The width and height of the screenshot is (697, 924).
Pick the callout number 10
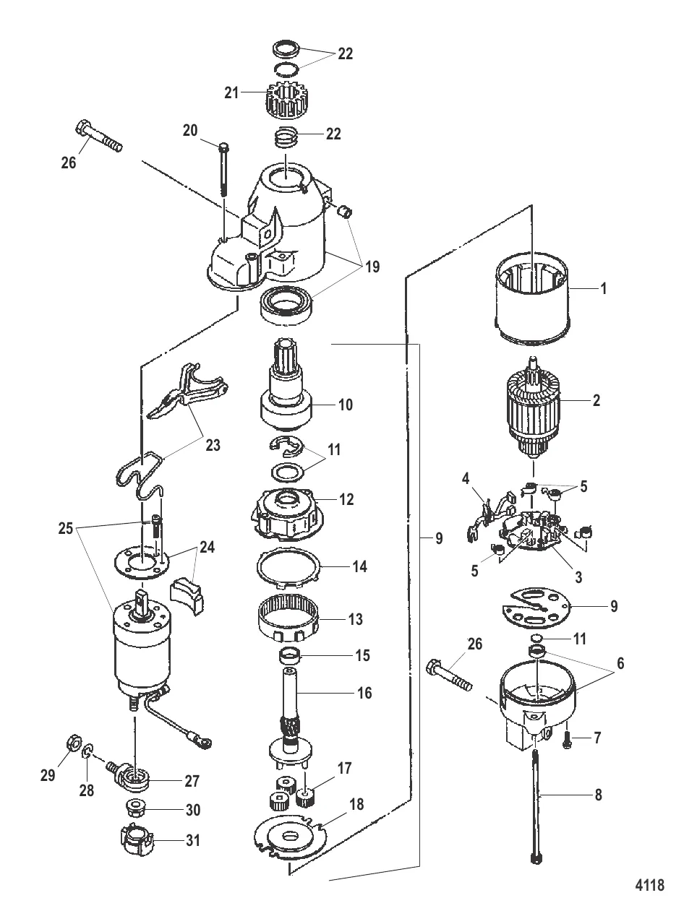coord(346,405)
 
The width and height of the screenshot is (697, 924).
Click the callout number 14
coord(359,567)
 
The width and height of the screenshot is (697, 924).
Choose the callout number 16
coord(365,694)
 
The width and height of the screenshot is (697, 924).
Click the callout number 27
coord(192,781)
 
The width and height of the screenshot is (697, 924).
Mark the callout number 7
coord(596,738)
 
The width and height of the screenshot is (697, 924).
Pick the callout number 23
coord(213,446)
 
